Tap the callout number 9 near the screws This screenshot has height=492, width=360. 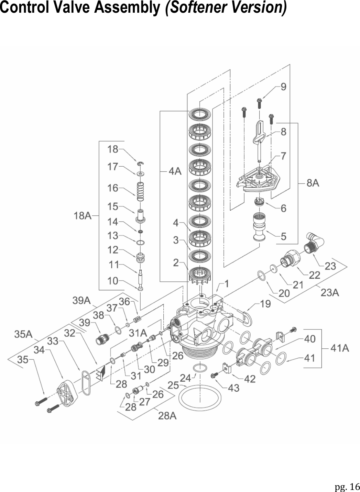pyautogui.click(x=283, y=87)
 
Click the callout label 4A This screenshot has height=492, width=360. pyautogui.click(x=175, y=171)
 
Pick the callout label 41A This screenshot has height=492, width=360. pyautogui.click(x=339, y=348)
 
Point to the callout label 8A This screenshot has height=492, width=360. pyautogui.click(x=313, y=183)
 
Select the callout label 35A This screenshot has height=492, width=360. pyautogui.click(x=23, y=334)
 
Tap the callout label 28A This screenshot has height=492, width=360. pyautogui.click(x=167, y=416)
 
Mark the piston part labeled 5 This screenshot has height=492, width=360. pyautogui.click(x=258, y=227)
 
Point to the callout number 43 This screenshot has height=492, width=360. pyautogui.click(x=234, y=388)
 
